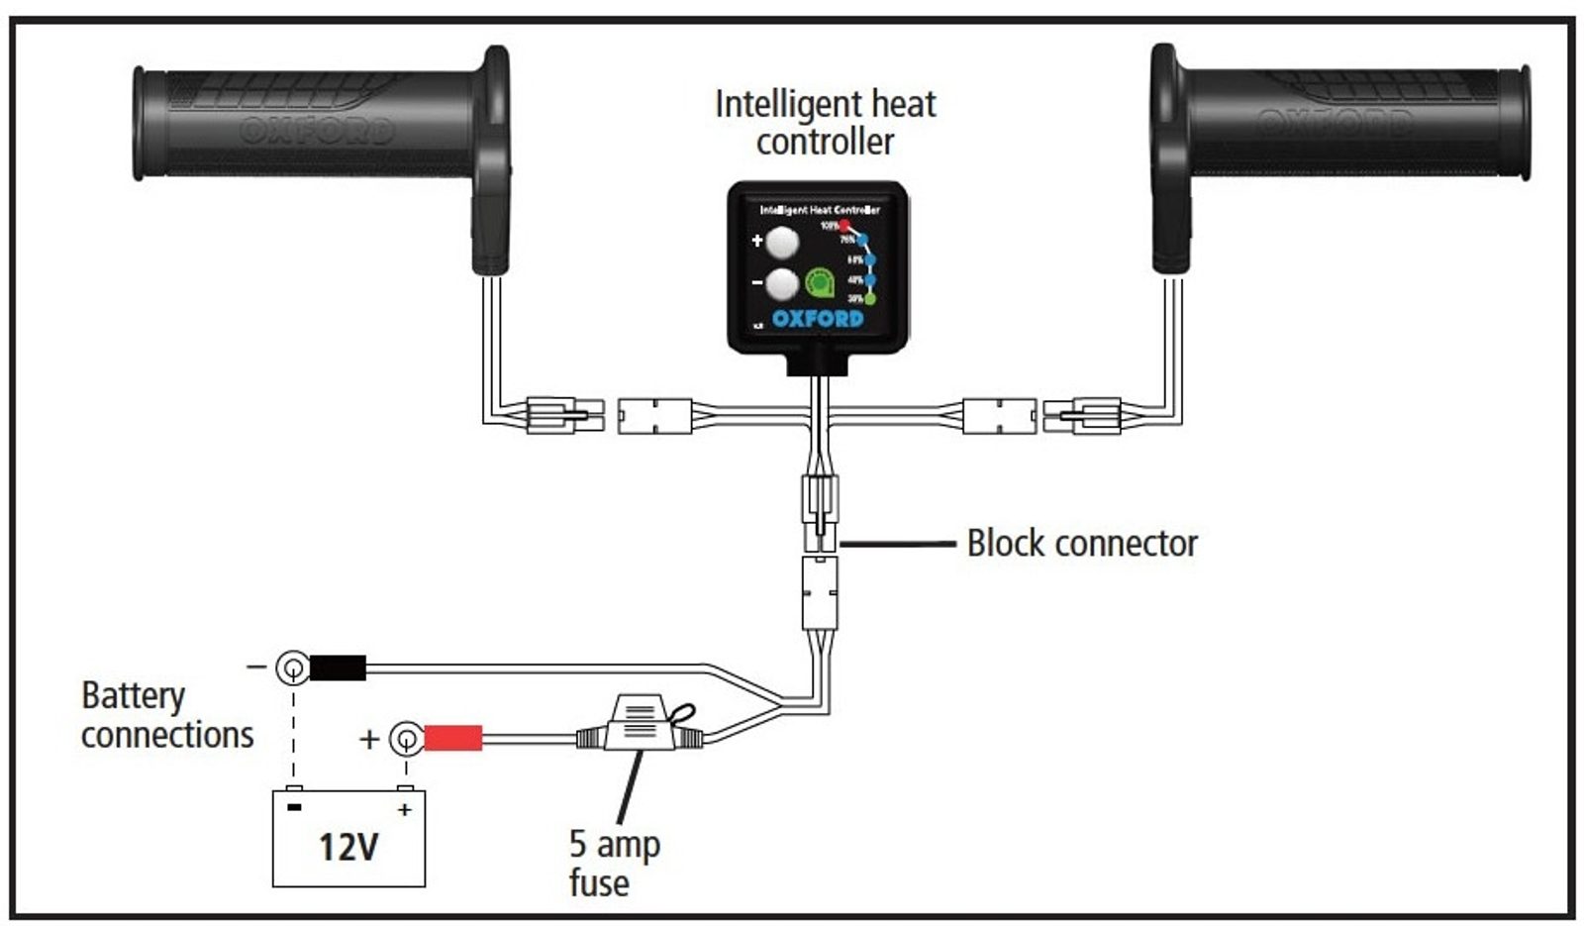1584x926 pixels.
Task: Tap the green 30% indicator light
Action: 870,298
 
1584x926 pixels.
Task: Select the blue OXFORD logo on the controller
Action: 818,319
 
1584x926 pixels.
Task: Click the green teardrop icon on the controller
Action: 820,284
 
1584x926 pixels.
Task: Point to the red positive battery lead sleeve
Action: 453,738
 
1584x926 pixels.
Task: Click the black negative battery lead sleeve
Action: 338,668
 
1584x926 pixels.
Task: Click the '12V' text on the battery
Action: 348,848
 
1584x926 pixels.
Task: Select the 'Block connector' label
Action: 1081,544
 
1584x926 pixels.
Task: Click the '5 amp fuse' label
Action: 614,863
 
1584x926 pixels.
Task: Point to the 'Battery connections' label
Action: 166,715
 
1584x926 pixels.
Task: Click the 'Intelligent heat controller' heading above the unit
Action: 825,122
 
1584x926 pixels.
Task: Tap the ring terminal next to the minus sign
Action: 292,669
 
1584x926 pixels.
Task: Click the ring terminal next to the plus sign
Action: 404,739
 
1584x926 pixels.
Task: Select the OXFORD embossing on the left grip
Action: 317,130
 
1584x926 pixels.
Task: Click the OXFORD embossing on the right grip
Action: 1332,124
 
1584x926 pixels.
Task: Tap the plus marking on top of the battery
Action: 404,809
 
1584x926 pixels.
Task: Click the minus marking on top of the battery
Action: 294,808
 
